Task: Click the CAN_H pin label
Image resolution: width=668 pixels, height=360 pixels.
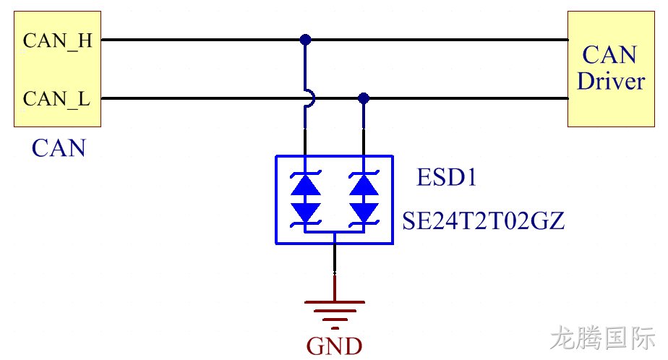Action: coord(58,41)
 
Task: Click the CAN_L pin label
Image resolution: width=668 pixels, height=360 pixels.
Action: coord(56,99)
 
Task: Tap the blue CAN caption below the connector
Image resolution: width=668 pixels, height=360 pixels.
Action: coord(59,148)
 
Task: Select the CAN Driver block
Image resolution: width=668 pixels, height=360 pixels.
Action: coord(611,69)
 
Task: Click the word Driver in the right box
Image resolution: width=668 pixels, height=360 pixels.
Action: coord(611,81)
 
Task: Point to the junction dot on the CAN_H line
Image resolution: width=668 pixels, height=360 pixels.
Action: coord(305,40)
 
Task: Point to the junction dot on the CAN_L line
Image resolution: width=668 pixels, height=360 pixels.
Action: coord(364,98)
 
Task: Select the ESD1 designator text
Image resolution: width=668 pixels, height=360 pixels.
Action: coord(446,177)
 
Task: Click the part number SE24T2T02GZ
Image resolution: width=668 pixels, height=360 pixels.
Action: coord(484,220)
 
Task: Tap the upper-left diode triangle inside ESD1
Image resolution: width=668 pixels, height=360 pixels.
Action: coord(306,185)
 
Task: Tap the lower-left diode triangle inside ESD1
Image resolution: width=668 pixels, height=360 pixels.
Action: coord(306,212)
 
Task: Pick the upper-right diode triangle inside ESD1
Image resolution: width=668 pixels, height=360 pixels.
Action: coord(364,185)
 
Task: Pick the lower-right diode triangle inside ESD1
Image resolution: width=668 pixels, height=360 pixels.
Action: coord(364,212)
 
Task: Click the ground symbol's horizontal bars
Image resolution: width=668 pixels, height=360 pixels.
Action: coord(335,315)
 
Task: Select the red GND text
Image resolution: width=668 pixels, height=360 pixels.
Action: coord(335,346)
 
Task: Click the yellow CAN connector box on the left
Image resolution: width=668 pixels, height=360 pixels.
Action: coord(58,69)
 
